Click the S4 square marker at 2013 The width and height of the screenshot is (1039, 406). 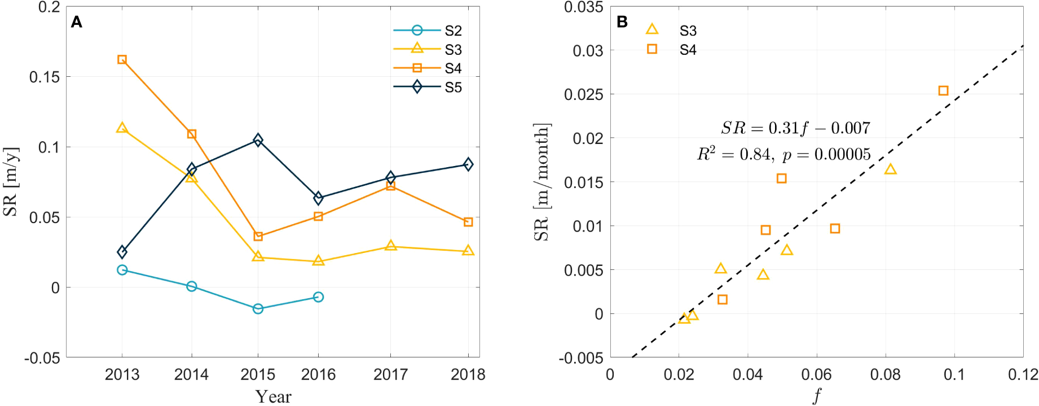[122, 59]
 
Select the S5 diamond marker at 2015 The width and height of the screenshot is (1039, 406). [258, 139]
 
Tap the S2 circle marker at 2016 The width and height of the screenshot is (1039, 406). [318, 297]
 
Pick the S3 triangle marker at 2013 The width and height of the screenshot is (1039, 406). [122, 128]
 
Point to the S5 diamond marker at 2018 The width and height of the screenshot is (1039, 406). [468, 164]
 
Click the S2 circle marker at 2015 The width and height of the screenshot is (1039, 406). [258, 308]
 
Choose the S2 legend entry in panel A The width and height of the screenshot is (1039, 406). [428, 30]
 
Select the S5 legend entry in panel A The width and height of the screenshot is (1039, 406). [428, 87]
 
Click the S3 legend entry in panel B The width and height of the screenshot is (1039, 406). [671, 30]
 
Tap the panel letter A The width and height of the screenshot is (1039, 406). [77, 22]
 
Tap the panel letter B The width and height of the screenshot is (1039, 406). [622, 22]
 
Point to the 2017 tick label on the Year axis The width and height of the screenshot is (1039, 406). [390, 374]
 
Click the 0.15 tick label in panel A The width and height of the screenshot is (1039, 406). [45, 77]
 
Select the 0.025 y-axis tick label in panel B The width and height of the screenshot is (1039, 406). [583, 94]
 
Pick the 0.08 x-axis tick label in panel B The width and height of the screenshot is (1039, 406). [885, 374]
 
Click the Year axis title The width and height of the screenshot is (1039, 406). [273, 396]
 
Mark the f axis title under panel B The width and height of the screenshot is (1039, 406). [817, 395]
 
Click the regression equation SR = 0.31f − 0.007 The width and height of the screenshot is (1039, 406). [795, 128]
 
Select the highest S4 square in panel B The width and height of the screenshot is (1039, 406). [943, 90]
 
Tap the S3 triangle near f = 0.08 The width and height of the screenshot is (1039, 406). [890, 169]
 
